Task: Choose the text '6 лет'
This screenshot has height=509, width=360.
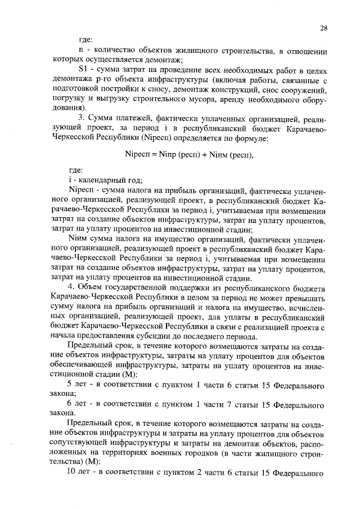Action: [x=77, y=404]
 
